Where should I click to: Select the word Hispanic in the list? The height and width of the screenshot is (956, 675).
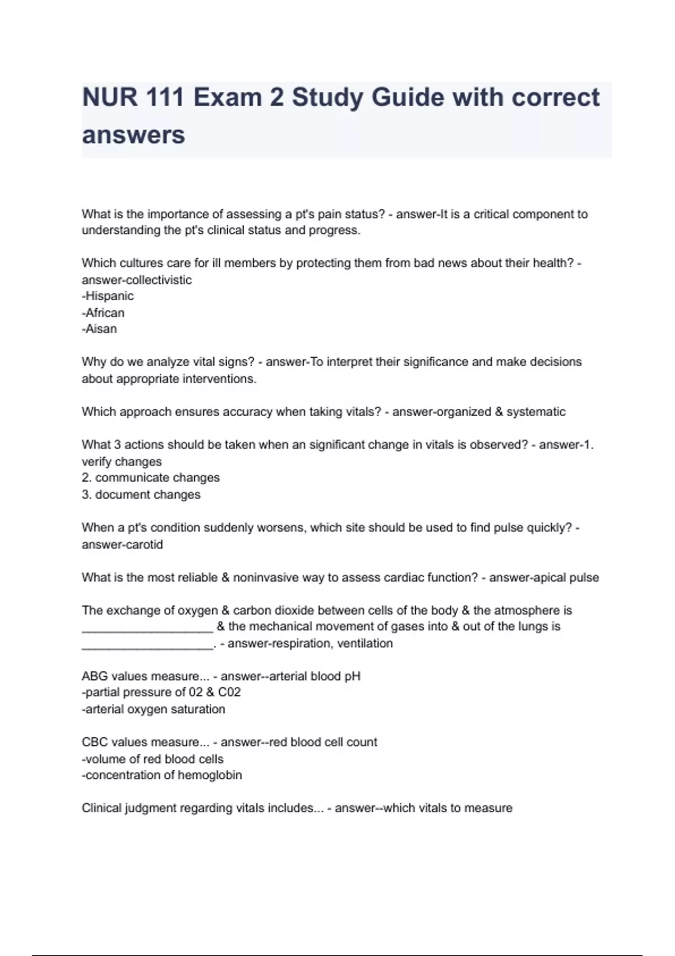pyautogui.click(x=110, y=296)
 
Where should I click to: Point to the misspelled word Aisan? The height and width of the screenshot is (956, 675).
pyautogui.click(x=101, y=329)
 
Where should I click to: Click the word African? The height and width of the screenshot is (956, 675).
pyautogui.click(x=105, y=313)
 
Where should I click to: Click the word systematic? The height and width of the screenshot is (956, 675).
pyautogui.click(x=536, y=412)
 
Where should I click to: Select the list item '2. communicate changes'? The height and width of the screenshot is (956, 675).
pyautogui.click(x=151, y=477)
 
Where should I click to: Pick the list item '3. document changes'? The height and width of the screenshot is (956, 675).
pyautogui.click(x=141, y=494)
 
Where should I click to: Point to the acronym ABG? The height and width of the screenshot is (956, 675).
pyautogui.click(x=93, y=676)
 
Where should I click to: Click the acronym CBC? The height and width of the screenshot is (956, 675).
pyautogui.click(x=93, y=742)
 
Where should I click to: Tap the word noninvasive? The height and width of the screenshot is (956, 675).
pyautogui.click(x=265, y=578)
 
